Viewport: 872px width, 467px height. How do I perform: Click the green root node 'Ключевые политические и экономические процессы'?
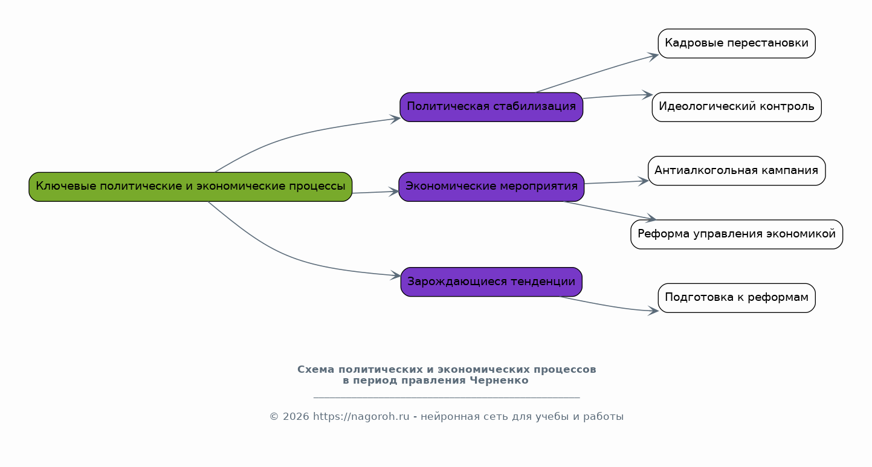(190, 187)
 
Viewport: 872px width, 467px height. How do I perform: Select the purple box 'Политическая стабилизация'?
(491, 107)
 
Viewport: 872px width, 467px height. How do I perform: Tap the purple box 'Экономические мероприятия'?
(491, 187)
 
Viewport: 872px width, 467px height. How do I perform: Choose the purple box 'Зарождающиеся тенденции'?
(491, 282)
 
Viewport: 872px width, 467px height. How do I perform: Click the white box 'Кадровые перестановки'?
(737, 43)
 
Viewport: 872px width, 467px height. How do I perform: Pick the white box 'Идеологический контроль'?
(737, 107)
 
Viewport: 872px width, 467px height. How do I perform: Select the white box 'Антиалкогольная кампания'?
(737, 171)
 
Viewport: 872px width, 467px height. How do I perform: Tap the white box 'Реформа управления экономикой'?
(737, 234)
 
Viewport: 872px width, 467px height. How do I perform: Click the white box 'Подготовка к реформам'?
(737, 298)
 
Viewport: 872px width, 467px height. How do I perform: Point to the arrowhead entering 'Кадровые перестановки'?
(653, 57)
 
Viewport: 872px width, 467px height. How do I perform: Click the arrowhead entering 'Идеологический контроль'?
(647, 95)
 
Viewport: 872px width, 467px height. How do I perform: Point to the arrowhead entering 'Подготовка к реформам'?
(653, 311)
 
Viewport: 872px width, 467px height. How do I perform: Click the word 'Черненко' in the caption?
(499, 381)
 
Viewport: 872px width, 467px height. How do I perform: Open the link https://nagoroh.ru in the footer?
(361, 417)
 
